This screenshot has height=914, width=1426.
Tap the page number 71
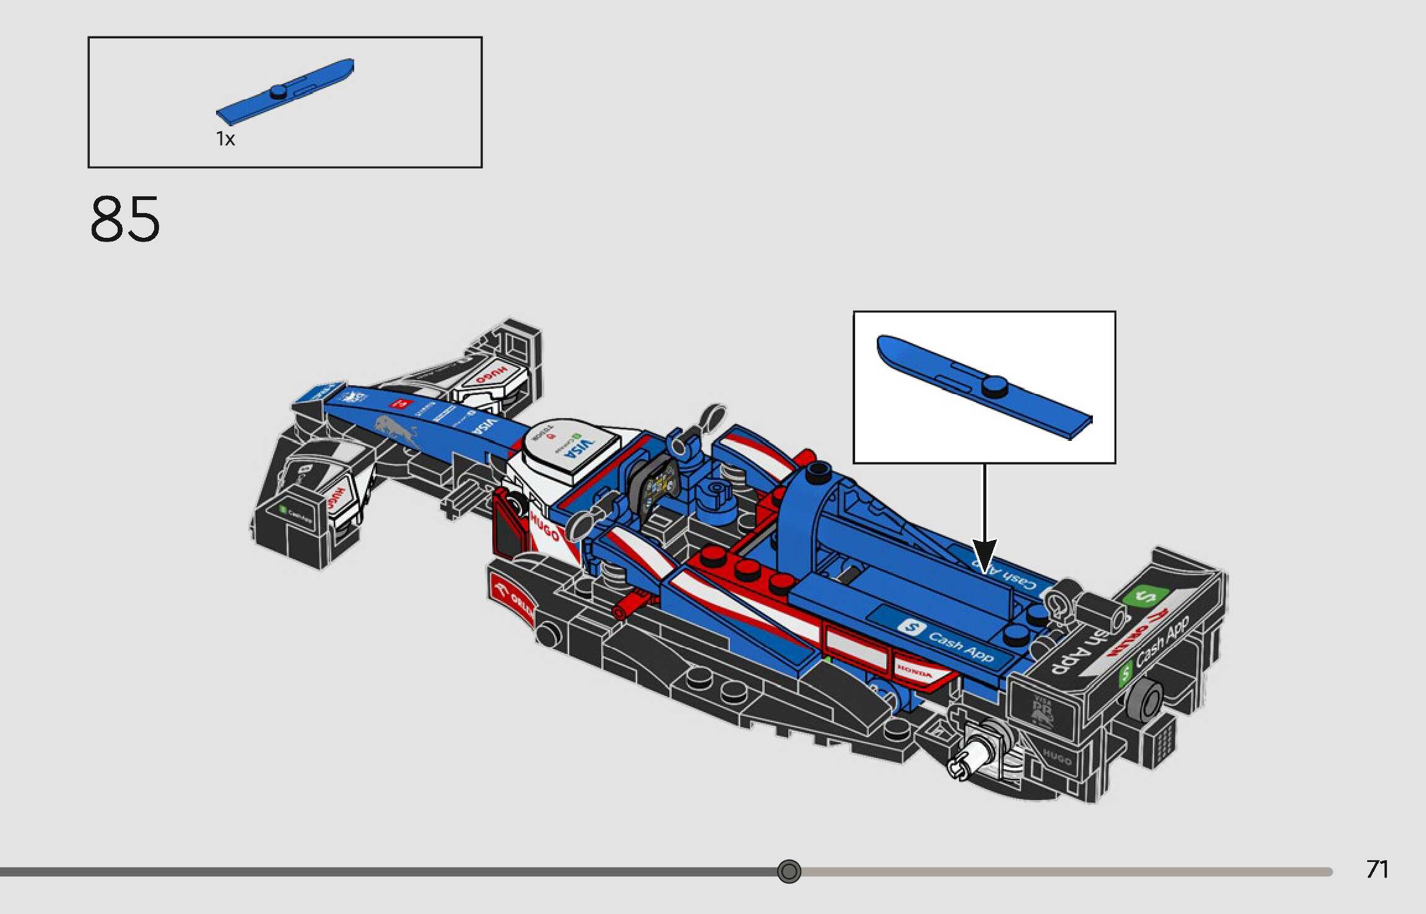[1377, 869]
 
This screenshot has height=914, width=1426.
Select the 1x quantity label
[225, 139]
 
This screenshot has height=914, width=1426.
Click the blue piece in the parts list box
[285, 92]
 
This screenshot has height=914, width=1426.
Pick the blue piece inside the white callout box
[985, 387]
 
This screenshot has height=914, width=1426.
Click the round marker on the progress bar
[789, 871]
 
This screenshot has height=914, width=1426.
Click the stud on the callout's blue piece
[995, 386]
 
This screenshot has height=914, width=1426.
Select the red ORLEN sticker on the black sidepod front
[513, 597]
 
